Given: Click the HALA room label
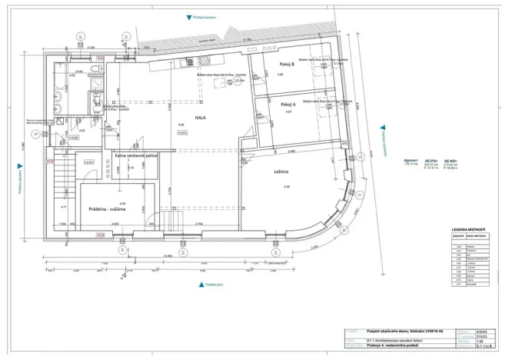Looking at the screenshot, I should pyautogui.click(x=200, y=118).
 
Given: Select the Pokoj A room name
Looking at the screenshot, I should pyautogui.click(x=288, y=104).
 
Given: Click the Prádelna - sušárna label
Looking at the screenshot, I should pyautogui.click(x=107, y=208).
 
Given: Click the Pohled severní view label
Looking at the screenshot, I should pyautogui.click(x=211, y=17).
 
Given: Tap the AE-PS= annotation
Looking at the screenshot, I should pyautogui.click(x=431, y=161).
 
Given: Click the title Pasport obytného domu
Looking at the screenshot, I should pyautogui.click(x=406, y=332).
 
